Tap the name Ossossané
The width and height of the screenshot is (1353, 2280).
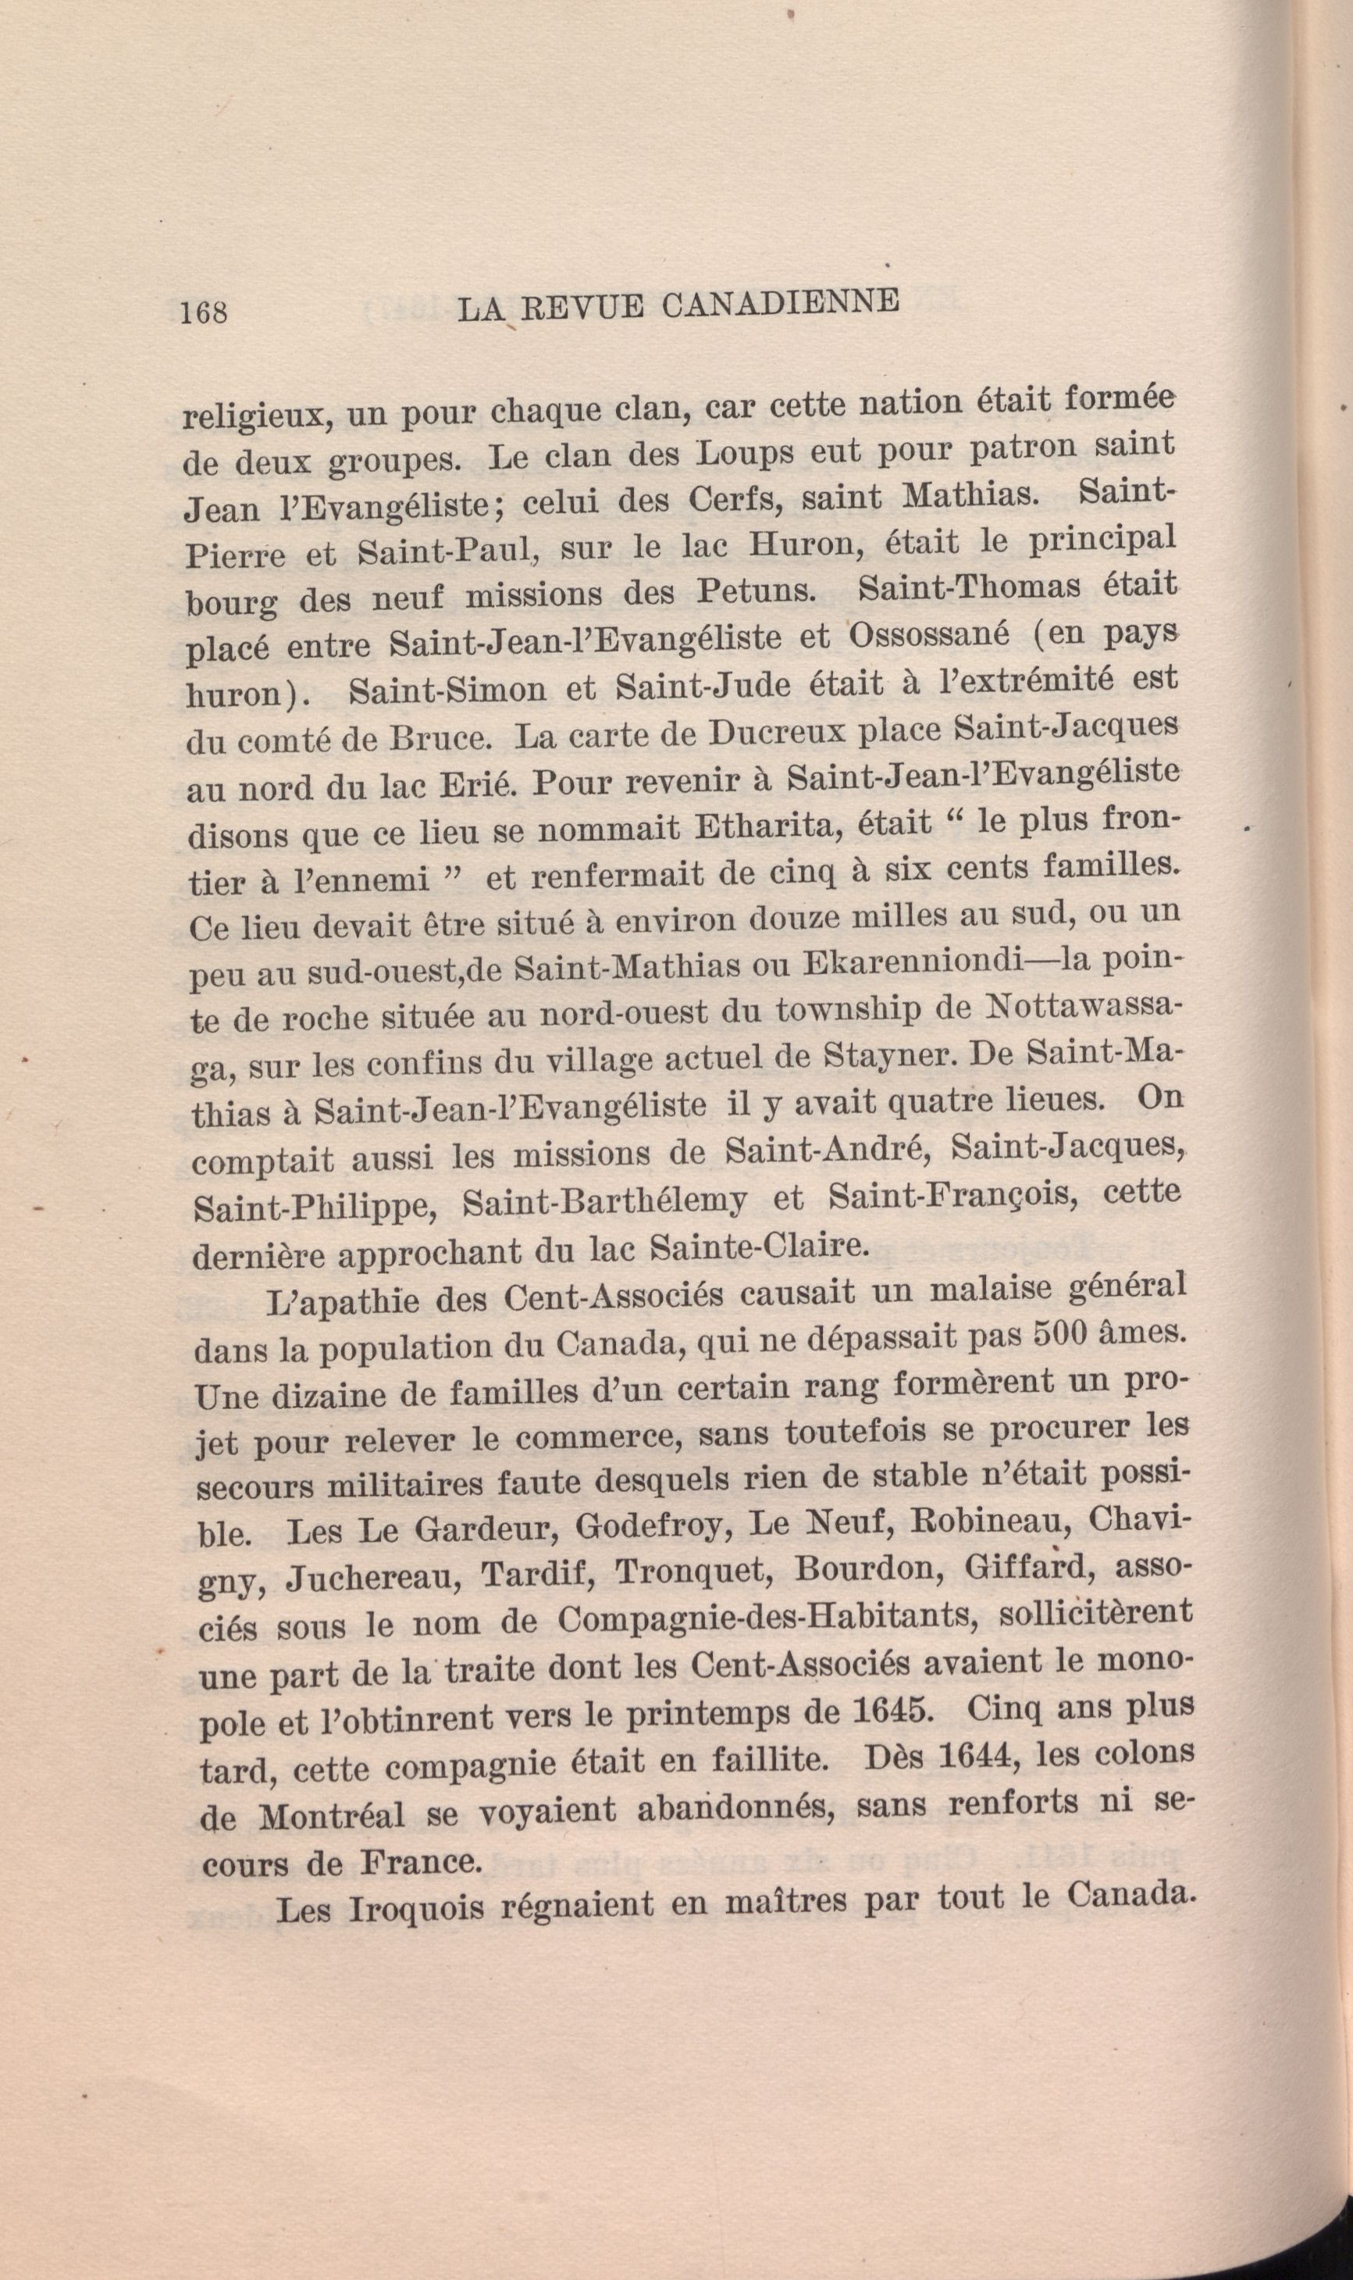click(929, 633)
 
